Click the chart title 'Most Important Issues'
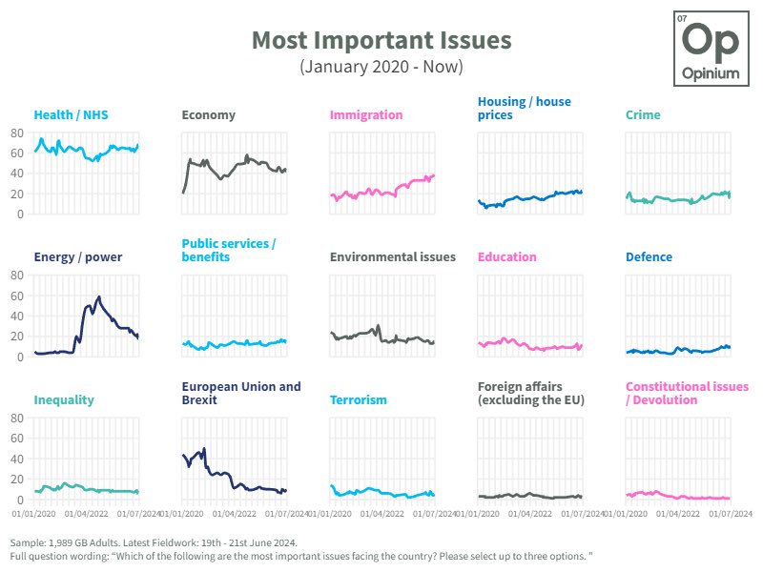pos(381,41)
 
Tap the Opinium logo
pos(711,49)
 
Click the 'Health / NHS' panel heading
pos(71,115)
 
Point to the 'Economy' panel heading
pos(208,115)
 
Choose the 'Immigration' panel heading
pos(366,115)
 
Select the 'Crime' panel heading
pos(643,115)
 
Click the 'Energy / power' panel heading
pos(78,257)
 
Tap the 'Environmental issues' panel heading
pos(392,257)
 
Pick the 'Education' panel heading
pos(506,257)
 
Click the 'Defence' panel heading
pos(649,257)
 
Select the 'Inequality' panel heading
pos(64,400)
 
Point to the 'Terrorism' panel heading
pos(358,400)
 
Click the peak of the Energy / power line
pos(98,296)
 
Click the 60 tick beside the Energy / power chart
pos(17,296)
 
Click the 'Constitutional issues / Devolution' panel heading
pos(687,394)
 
